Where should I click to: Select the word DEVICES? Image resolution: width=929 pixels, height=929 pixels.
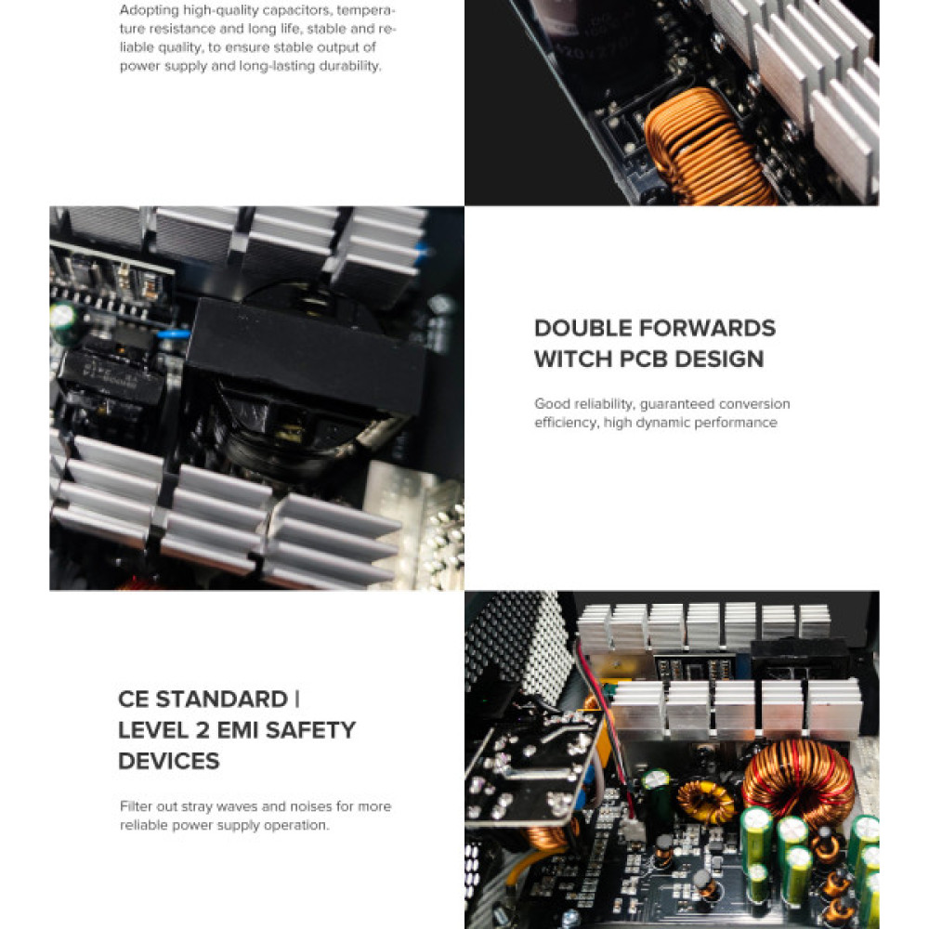(x=169, y=762)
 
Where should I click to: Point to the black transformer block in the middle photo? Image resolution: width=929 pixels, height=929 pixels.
(x=307, y=358)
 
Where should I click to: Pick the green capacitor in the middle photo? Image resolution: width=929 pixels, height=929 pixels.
(x=64, y=318)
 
